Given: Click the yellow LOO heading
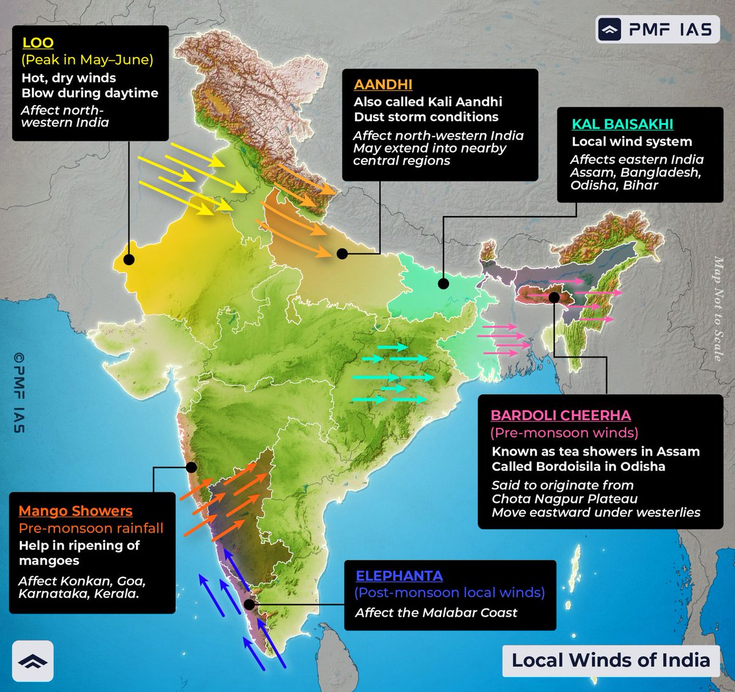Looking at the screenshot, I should coord(38,43).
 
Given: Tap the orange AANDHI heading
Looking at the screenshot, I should coord(383,85).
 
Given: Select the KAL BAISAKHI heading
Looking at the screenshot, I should coord(622,124).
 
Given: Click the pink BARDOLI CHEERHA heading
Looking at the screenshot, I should coord(560,415).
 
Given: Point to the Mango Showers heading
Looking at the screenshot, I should coord(75,511).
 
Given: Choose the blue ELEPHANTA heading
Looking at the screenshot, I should coord(399,576).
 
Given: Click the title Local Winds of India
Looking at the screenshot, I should coord(611,660).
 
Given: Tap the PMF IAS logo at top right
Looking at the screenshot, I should coord(657,29).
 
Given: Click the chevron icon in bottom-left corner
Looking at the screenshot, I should coord(32,661).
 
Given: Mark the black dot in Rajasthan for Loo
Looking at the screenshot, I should coord(129,260).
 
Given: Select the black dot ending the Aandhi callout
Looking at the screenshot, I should coord(342,254).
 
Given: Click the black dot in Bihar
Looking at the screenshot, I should coord(443,284).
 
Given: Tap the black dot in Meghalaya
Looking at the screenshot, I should coord(554,297).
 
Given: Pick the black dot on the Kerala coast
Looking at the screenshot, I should coord(249,604).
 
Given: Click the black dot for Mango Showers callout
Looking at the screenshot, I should coord(191,467).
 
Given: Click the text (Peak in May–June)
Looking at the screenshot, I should coord(87,60).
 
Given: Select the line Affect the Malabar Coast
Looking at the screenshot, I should coord(436,612).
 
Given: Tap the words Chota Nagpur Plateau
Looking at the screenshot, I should coord(564,498).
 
